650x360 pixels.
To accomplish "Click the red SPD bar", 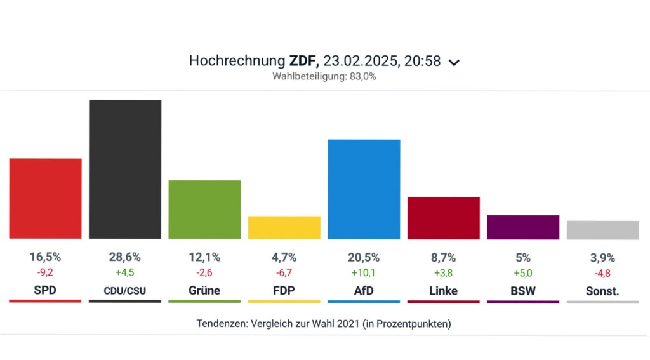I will tap(45, 198).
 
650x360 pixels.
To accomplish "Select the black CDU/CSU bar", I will tap(125, 169).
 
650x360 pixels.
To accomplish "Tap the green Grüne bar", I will tap(204, 210).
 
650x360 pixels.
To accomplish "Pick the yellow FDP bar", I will tap(284, 227).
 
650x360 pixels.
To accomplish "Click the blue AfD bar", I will tap(364, 189).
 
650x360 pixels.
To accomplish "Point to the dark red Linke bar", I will tap(443, 218).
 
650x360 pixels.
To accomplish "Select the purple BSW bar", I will tap(523, 227).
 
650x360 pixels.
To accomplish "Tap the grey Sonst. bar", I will tap(602, 230).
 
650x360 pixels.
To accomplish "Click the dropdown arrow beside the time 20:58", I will tap(453, 62).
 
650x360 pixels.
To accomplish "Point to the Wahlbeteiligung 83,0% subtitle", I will tap(324, 77).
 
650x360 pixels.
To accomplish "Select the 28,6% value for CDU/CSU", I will tap(125, 257).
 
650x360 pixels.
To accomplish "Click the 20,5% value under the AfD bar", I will tap(364, 257).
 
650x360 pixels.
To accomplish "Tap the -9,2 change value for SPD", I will tap(45, 273).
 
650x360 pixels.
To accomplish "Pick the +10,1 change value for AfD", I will tap(364, 273).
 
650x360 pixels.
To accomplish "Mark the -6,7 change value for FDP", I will tap(284, 273).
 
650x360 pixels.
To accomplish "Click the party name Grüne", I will tap(204, 290).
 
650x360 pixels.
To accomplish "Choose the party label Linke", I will tap(443, 290).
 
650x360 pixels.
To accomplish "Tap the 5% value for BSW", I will tap(523, 257).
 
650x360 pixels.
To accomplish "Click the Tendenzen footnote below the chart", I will tap(324, 323).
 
